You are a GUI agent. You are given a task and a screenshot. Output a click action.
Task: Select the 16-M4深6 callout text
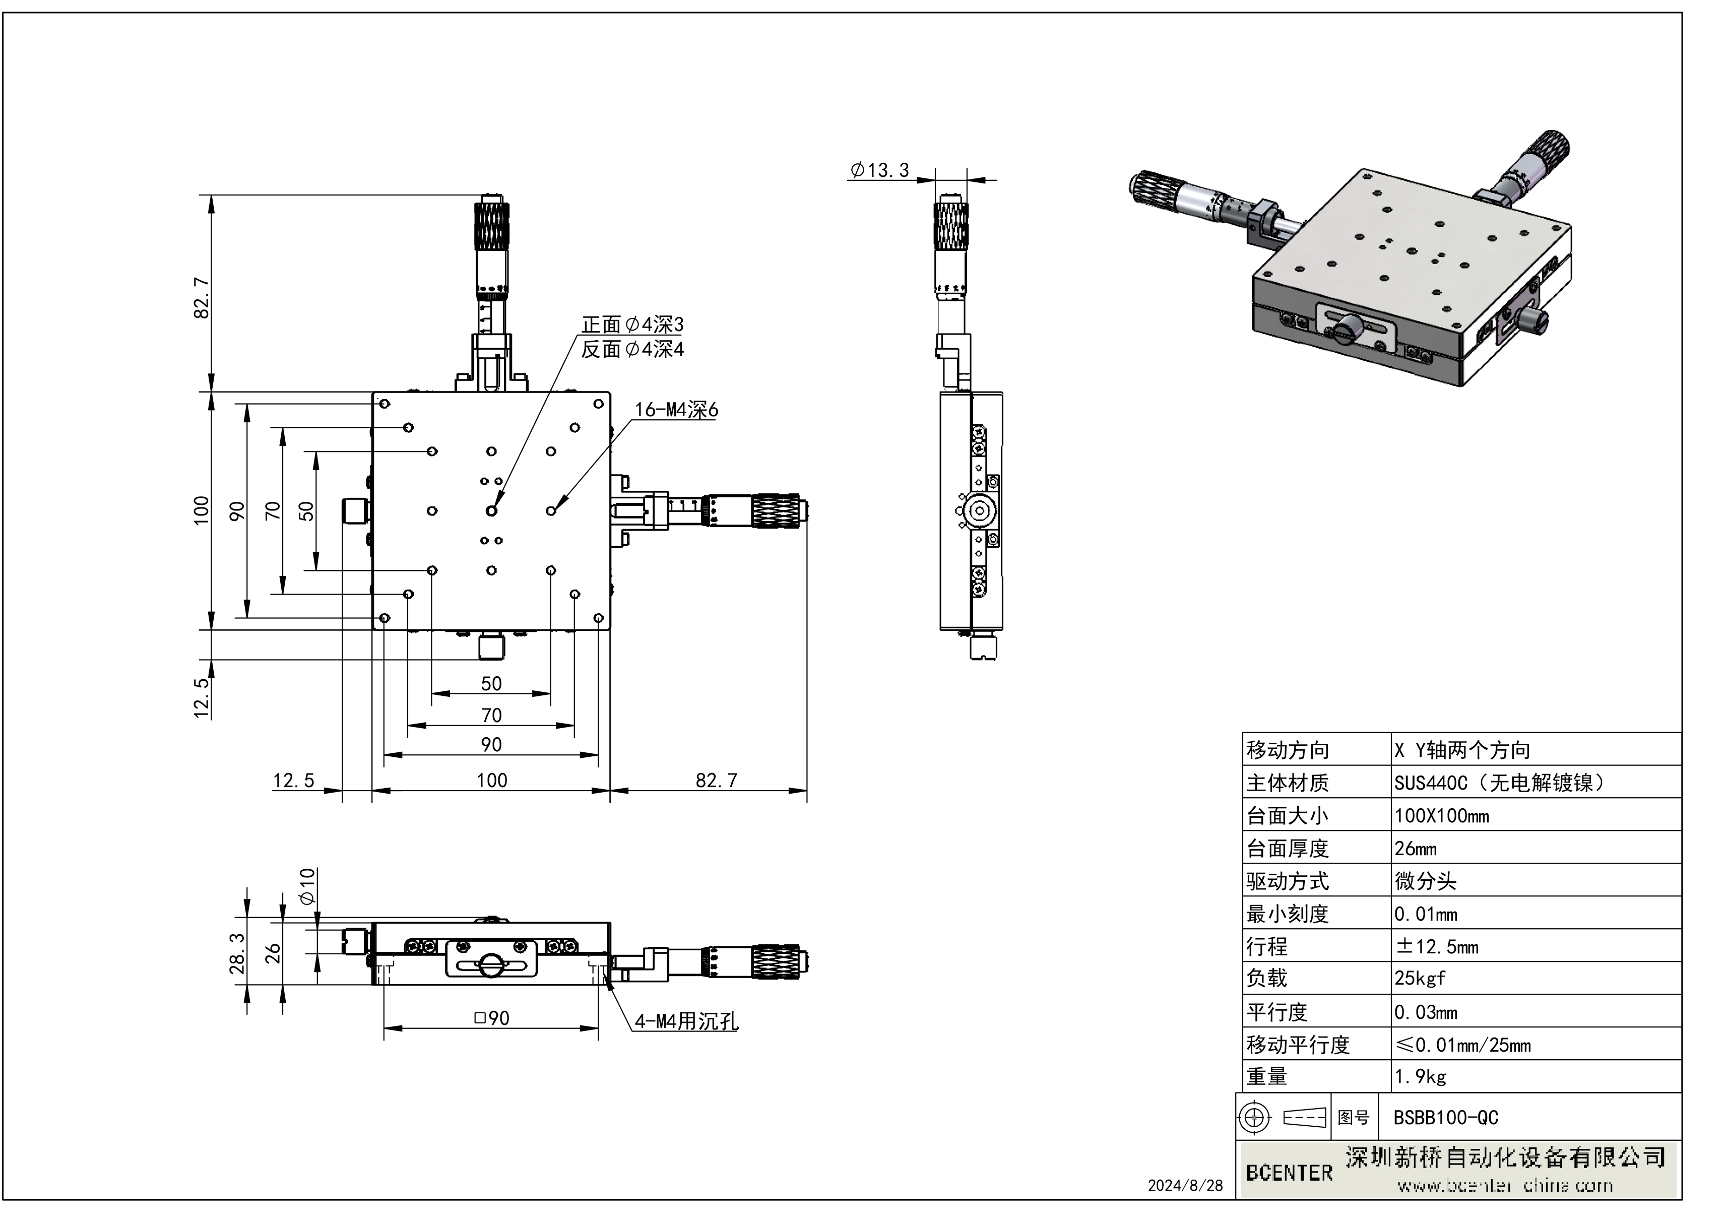coord(676,410)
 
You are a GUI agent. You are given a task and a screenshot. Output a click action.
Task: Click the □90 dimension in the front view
coord(491,1018)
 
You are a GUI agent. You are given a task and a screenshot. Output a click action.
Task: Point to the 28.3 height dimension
coord(237,953)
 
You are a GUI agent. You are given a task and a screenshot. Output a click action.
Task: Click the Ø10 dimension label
coord(306,886)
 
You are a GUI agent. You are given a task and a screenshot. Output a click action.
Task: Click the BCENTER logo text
coord(1289,1173)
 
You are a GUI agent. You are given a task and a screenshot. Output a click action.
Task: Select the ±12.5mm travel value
coord(1436,946)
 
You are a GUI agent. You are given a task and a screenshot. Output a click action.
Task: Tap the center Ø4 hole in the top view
coord(491,511)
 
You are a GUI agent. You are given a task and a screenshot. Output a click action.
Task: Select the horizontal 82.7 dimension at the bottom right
coord(715,780)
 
